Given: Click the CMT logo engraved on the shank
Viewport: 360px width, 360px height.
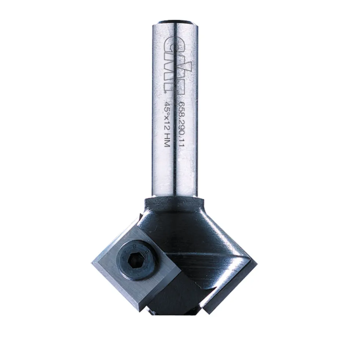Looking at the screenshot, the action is point(174,64).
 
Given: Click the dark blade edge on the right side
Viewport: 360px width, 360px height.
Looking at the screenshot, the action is point(230,287).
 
